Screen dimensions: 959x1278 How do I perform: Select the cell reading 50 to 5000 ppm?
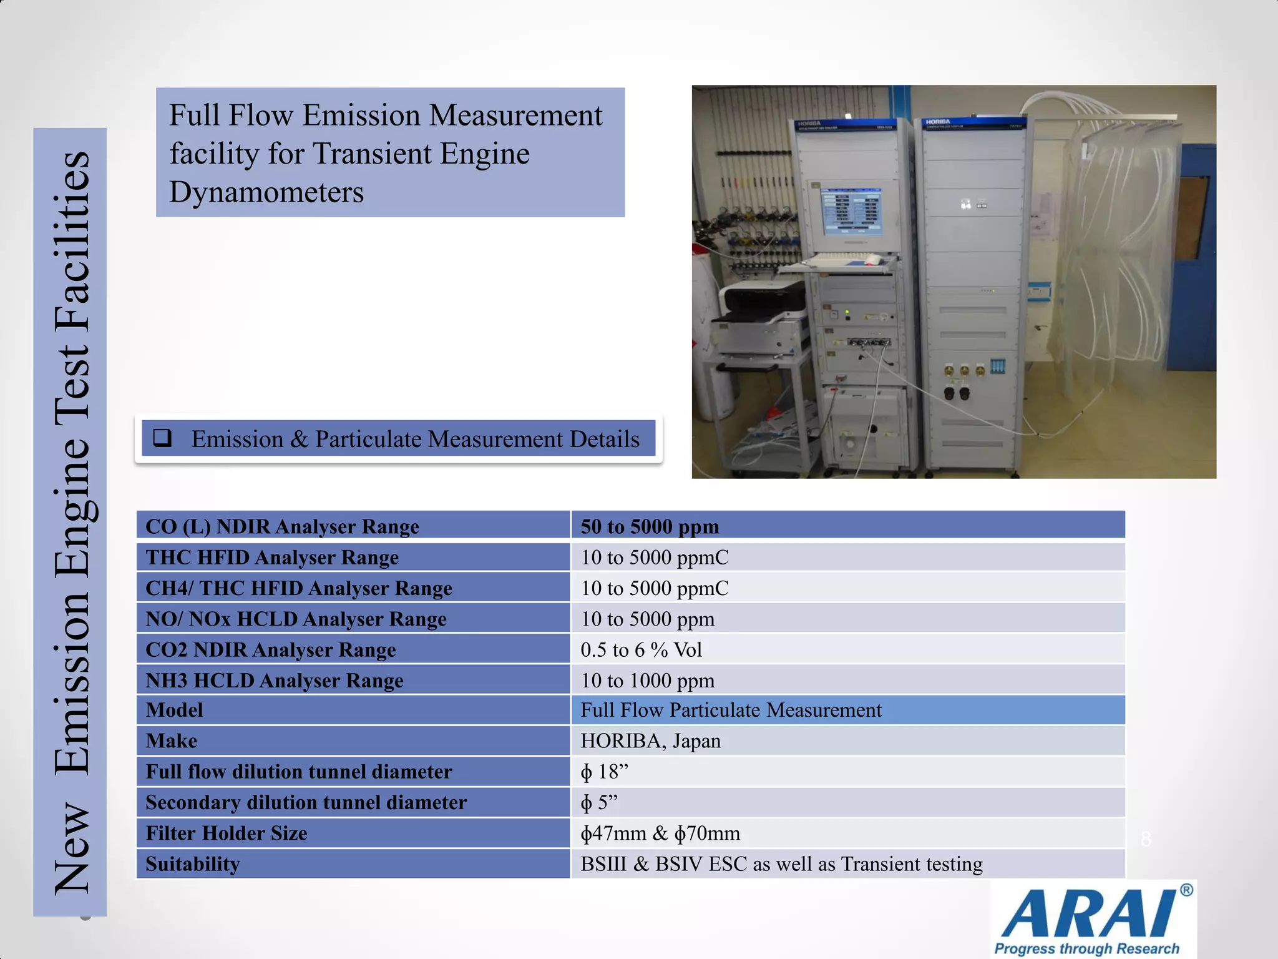pyautogui.click(x=650, y=526)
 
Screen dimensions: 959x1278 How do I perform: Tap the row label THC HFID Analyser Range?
pyautogui.click(x=272, y=557)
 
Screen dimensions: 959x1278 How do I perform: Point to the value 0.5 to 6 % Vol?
pyautogui.click(x=641, y=649)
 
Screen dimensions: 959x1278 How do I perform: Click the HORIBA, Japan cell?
pyautogui.click(x=650, y=740)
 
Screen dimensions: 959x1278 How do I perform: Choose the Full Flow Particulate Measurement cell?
pyautogui.click(x=731, y=710)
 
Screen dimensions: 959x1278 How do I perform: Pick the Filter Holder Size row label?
pyautogui.click(x=227, y=833)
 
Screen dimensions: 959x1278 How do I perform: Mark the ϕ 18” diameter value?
pyautogui.click(x=604, y=772)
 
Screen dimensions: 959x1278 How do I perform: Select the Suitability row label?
pyautogui.click(x=193, y=863)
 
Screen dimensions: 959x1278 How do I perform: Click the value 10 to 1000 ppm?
pyautogui.click(x=647, y=680)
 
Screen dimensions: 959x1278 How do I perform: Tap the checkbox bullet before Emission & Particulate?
pyautogui.click(x=163, y=438)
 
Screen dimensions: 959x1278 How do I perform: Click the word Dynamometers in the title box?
pyautogui.click(x=266, y=192)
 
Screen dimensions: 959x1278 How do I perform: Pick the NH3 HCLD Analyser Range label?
pyautogui.click(x=275, y=680)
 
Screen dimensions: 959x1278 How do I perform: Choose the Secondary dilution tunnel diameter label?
pyautogui.click(x=306, y=802)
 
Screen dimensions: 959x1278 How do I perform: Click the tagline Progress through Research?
pyautogui.click(x=1086, y=948)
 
